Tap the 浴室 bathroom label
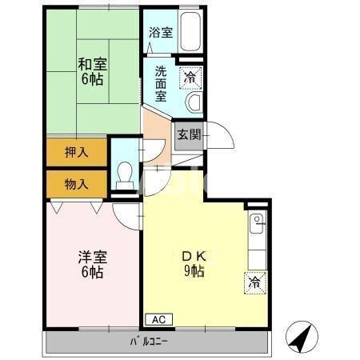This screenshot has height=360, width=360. [160, 33]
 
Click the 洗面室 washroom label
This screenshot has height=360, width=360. [160, 83]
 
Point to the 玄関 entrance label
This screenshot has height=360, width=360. [189, 134]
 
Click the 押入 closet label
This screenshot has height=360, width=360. [76, 150]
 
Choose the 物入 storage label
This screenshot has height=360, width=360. [76, 184]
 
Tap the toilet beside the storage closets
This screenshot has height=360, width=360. [125, 175]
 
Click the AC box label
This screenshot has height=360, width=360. [158, 319]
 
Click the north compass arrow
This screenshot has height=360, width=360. [298, 338]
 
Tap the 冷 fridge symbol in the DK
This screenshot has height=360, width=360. [254, 282]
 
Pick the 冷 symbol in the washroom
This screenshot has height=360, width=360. [190, 78]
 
